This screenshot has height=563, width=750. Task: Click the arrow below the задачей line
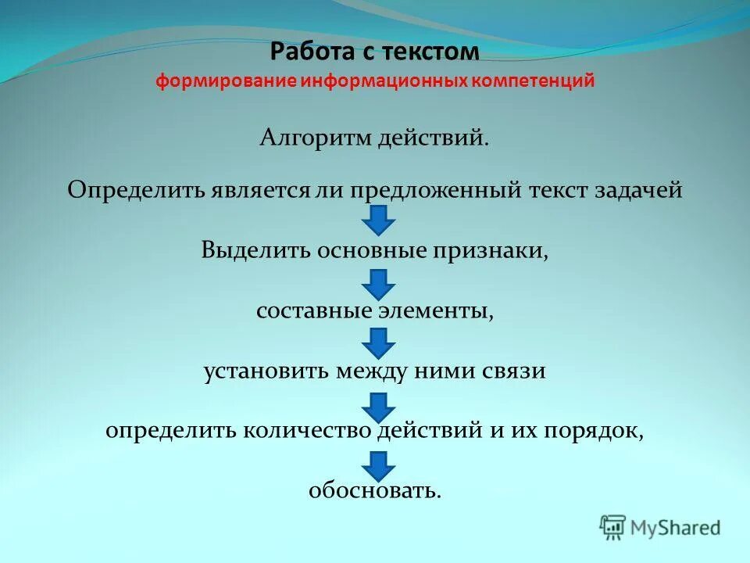[379, 221]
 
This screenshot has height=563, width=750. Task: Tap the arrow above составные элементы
[379, 283]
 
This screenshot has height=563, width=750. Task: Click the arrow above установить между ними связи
[379, 342]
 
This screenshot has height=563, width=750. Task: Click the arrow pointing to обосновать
[379, 465]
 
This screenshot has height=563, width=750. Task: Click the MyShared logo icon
[613, 529]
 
